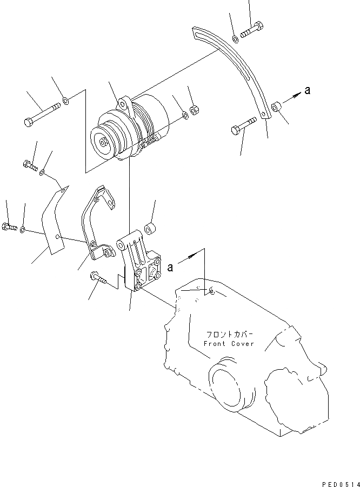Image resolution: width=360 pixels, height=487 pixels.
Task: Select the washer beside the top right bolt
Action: (x=236, y=39)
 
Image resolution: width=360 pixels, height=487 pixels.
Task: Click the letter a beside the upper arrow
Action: (x=307, y=91)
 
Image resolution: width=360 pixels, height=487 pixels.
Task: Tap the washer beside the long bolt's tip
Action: (x=65, y=101)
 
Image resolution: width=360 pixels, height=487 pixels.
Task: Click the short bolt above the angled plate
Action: (x=30, y=165)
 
